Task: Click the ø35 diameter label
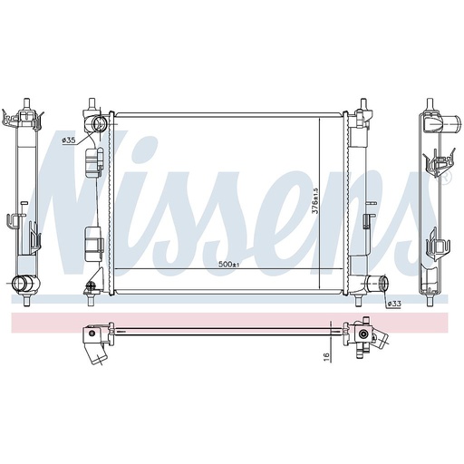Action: (68, 140)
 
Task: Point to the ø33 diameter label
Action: (393, 304)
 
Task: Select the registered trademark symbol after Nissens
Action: (445, 178)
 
